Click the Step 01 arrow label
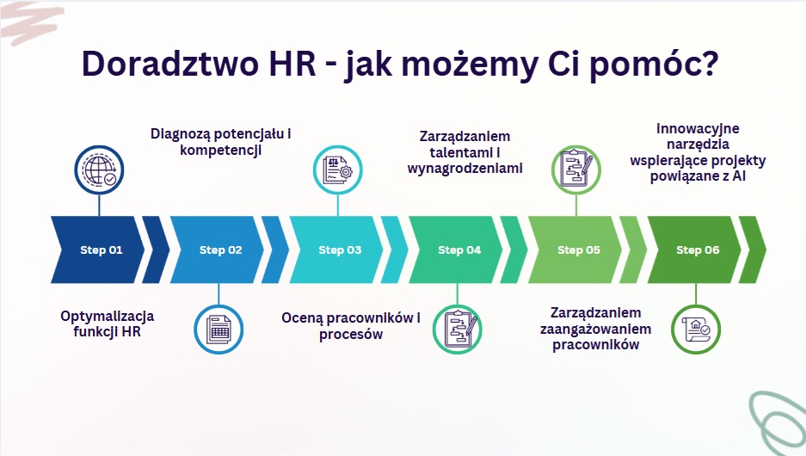click(x=102, y=250)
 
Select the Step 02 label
click(x=220, y=250)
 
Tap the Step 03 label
click(x=340, y=250)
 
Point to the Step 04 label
click(x=459, y=250)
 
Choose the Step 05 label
click(x=579, y=250)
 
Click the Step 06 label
click(x=698, y=250)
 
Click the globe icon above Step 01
click(x=99, y=170)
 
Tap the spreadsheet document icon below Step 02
click(x=218, y=330)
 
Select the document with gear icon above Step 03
click(x=338, y=170)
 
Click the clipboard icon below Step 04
click(x=457, y=330)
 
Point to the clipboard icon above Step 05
click(x=576, y=170)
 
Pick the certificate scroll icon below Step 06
click(x=696, y=330)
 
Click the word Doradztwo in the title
click(x=170, y=64)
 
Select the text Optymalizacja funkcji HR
click(x=107, y=324)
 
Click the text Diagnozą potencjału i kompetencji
click(x=220, y=142)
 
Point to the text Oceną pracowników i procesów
click(x=351, y=326)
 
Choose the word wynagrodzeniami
click(x=465, y=169)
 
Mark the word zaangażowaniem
click(x=596, y=329)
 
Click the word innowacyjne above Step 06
click(x=698, y=128)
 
